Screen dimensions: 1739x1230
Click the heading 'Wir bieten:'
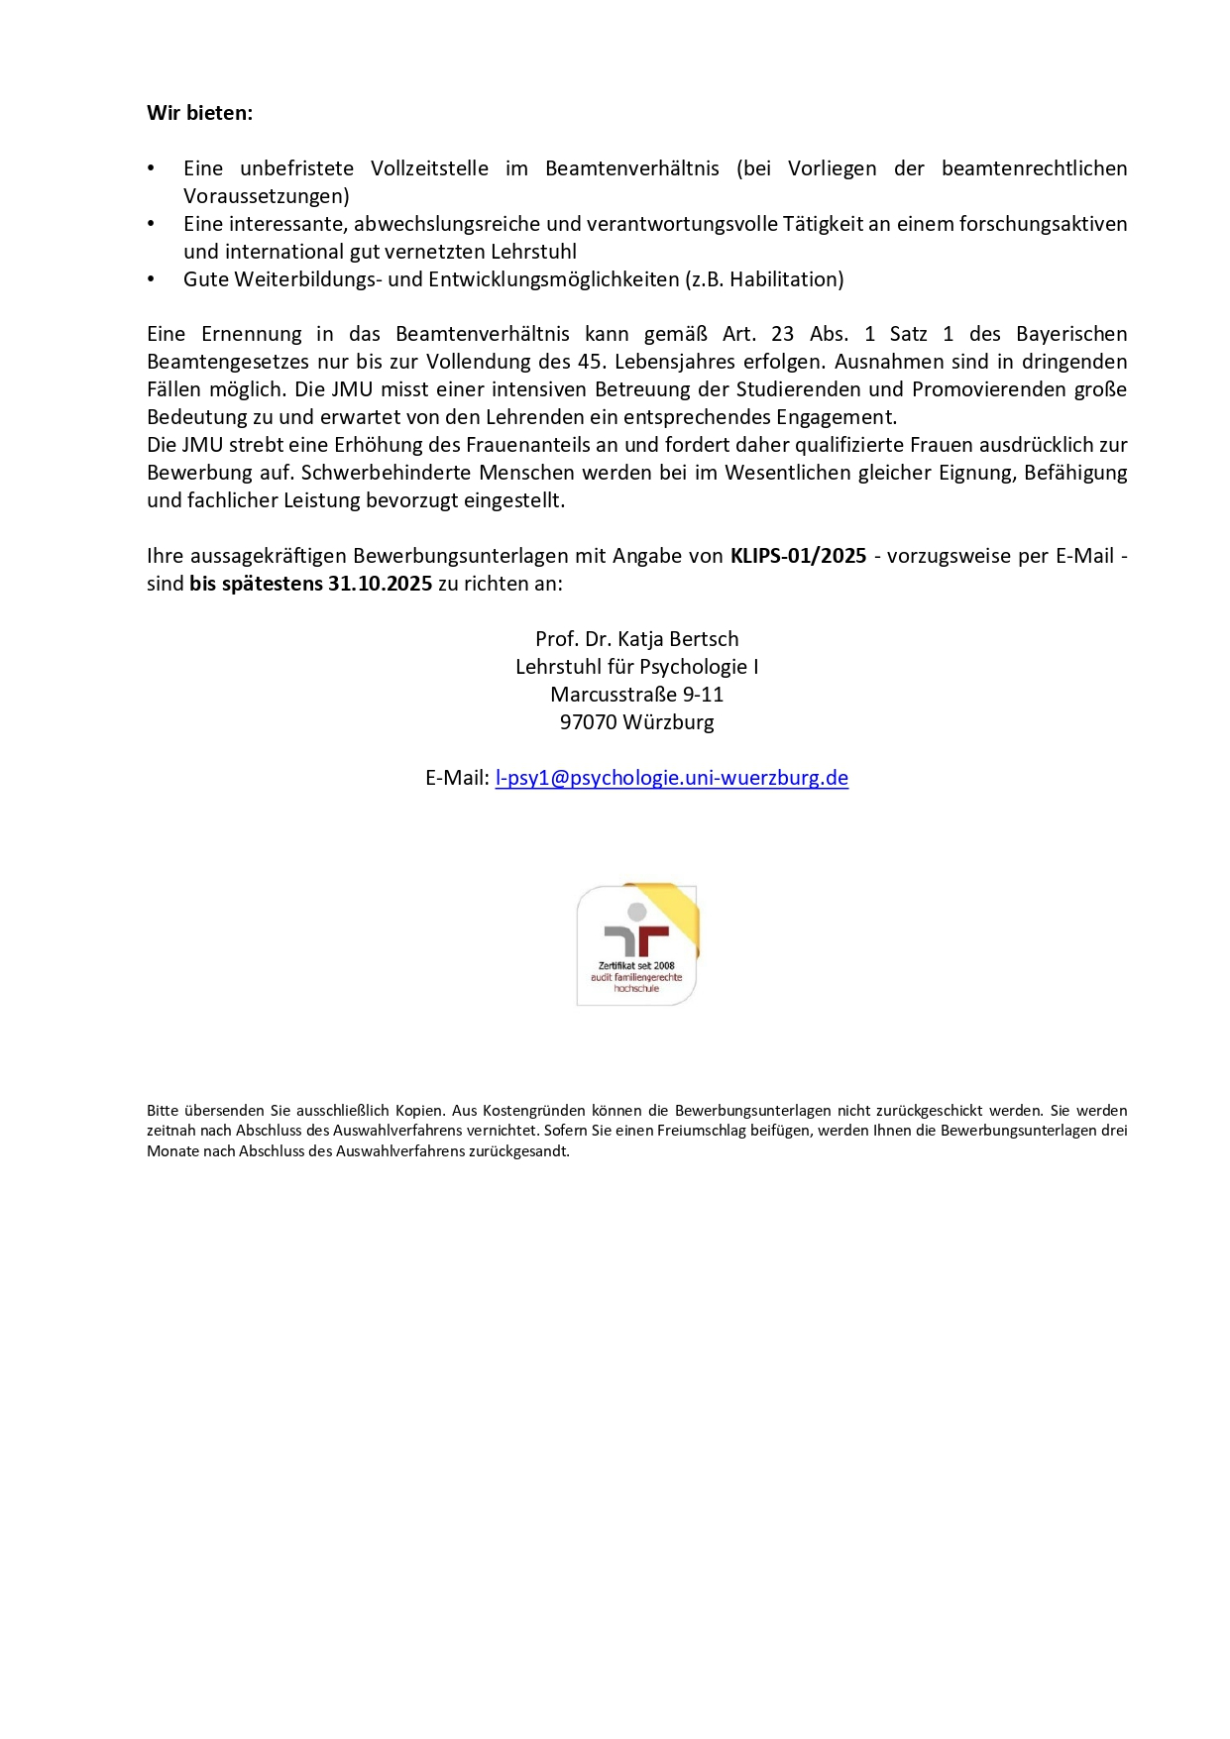tap(199, 113)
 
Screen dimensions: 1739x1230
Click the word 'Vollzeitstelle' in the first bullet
tap(429, 168)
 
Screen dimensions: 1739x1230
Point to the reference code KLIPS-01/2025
tap(798, 556)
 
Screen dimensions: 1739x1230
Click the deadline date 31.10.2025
tap(380, 584)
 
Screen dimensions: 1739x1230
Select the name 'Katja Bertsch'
tap(678, 639)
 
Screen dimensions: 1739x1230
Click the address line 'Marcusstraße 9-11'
tap(636, 695)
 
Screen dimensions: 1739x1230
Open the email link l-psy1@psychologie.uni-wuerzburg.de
tap(671, 778)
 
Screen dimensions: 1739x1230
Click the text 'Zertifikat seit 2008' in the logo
tap(636, 965)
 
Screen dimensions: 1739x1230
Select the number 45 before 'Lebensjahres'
tap(591, 362)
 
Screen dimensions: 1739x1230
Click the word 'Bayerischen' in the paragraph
tap(1071, 334)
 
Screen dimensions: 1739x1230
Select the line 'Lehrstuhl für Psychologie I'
tap(636, 667)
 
